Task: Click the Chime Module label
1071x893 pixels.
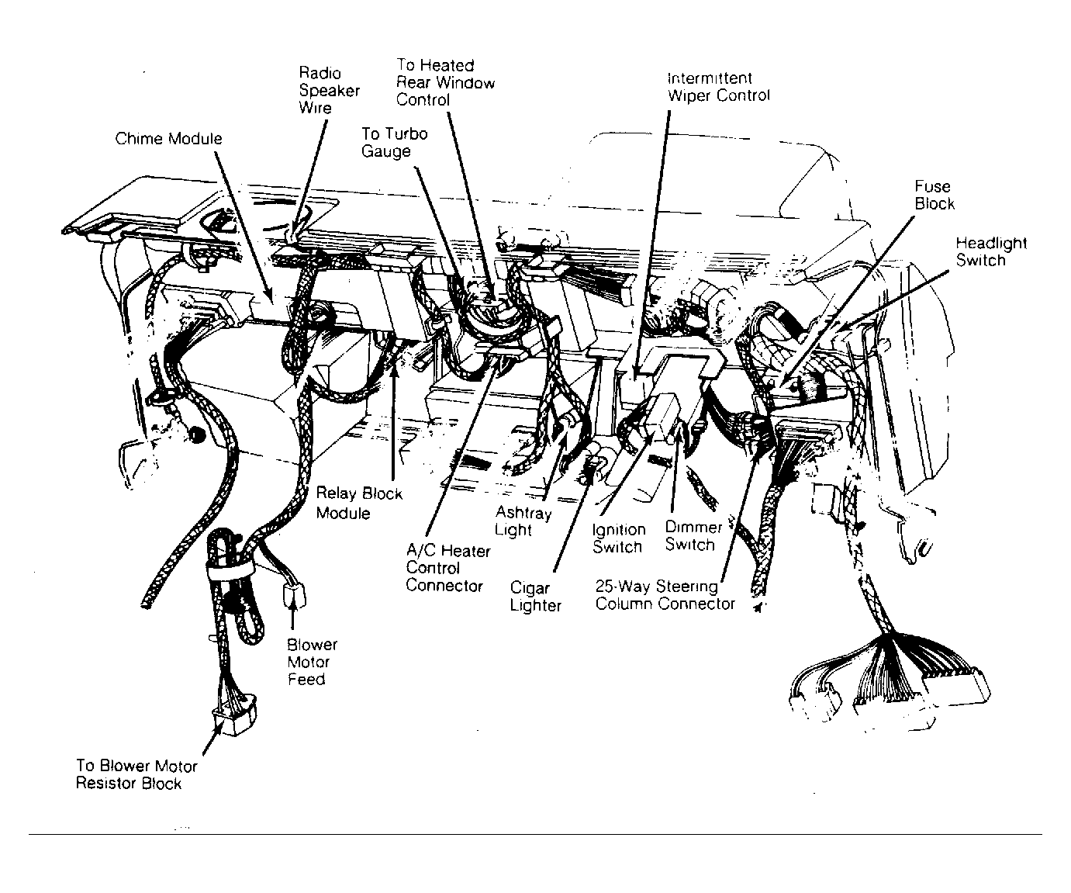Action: (168, 139)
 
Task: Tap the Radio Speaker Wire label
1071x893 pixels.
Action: (329, 90)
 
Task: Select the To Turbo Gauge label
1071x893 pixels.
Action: (394, 142)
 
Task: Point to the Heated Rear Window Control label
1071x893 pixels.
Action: (445, 82)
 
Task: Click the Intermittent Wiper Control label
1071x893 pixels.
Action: (718, 87)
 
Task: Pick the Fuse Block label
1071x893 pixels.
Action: (934, 195)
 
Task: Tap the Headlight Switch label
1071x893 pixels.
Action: (991, 251)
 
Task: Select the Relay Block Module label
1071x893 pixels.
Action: (358, 503)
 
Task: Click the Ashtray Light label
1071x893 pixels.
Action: (523, 521)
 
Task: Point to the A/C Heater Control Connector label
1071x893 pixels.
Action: (447, 568)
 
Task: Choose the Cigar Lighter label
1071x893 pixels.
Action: (535, 597)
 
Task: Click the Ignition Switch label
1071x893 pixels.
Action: (618, 538)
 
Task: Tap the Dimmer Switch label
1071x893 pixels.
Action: (693, 536)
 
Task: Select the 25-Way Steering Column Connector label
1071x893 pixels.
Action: (665, 595)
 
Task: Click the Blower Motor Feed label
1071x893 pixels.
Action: (311, 662)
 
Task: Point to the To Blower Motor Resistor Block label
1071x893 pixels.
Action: (136, 774)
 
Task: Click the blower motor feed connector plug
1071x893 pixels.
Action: (294, 595)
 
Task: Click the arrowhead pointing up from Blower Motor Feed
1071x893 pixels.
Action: (293, 611)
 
